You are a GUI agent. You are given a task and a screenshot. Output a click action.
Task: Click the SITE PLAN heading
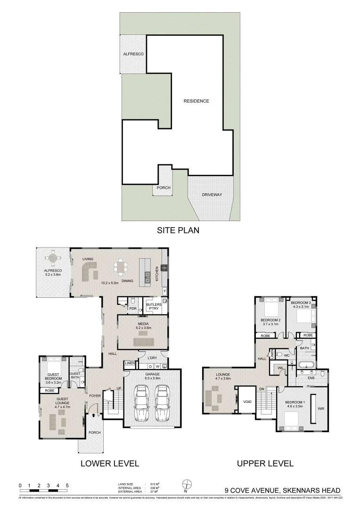[178, 230]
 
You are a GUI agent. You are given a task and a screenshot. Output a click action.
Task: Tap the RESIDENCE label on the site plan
[196, 101]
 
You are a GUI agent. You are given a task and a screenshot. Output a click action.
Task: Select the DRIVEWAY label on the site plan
[212, 194]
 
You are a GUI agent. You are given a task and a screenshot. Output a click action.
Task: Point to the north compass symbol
[187, 484]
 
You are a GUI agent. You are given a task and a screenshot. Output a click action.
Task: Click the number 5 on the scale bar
[67, 485]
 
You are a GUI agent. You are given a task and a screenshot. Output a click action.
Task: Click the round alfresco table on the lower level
[53, 258]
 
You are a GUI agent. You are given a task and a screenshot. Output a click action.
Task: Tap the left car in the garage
[141, 403]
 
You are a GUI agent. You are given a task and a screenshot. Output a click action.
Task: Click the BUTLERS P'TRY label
[154, 306]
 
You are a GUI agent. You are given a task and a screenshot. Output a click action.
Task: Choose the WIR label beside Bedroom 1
[321, 409]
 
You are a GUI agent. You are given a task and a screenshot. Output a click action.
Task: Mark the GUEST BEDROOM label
[54, 376]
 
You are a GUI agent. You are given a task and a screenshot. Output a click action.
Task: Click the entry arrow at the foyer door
[94, 415]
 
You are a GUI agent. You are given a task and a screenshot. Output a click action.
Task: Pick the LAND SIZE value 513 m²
[154, 484]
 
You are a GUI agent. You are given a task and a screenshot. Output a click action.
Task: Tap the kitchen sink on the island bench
[147, 277]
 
